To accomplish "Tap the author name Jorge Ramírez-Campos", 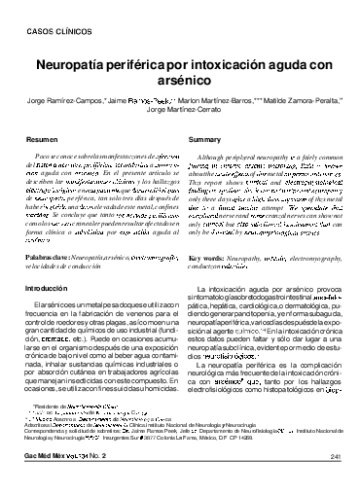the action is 64,100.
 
